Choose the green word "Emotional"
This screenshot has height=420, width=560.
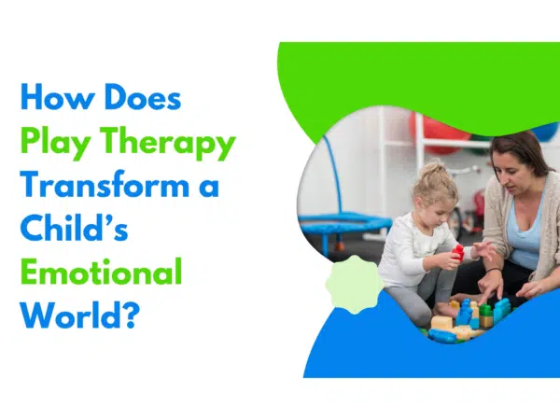(x=101, y=273)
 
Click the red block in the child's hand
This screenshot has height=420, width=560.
(x=458, y=251)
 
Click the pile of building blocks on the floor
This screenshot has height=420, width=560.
(x=467, y=317)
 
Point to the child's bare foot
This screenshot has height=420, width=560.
(x=448, y=308)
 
